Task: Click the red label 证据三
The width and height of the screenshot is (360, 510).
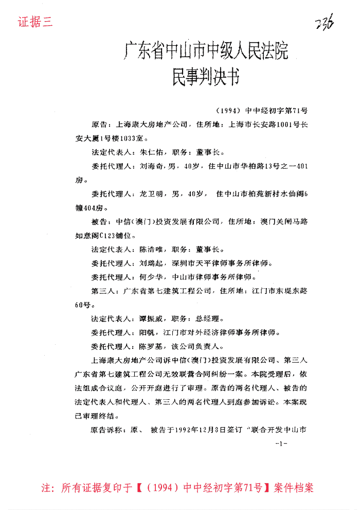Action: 35,23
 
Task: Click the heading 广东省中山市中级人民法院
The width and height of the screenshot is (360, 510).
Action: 206,52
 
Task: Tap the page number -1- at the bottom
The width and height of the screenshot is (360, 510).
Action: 281,443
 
